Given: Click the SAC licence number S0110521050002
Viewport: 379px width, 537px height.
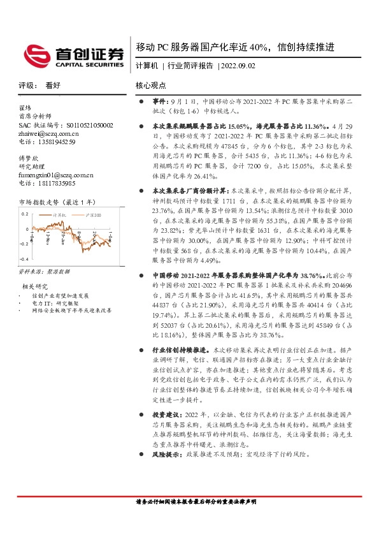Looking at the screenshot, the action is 66,126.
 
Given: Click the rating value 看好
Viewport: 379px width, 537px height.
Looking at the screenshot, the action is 53,85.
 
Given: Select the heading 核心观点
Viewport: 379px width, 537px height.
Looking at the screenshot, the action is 150,85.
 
